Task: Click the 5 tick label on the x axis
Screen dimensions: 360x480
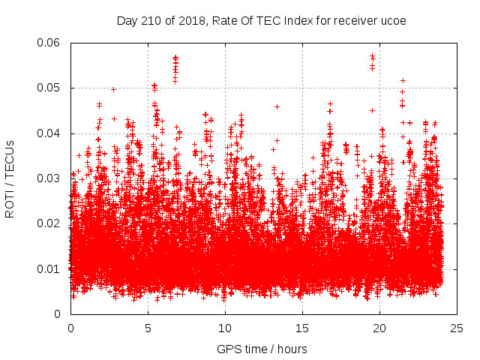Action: (148, 328)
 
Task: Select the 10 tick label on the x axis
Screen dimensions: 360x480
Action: (225, 328)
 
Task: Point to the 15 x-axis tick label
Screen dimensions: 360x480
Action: (302, 328)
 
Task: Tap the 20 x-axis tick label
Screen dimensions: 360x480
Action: (379, 328)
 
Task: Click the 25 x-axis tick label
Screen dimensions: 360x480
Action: (457, 328)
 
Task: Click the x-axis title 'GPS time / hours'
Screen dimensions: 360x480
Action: (262, 349)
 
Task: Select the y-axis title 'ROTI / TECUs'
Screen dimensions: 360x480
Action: (10, 178)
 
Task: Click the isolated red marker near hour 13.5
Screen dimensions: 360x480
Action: (277, 106)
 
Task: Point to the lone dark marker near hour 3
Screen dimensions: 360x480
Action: (113, 89)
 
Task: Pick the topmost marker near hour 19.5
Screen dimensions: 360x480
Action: (372, 55)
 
